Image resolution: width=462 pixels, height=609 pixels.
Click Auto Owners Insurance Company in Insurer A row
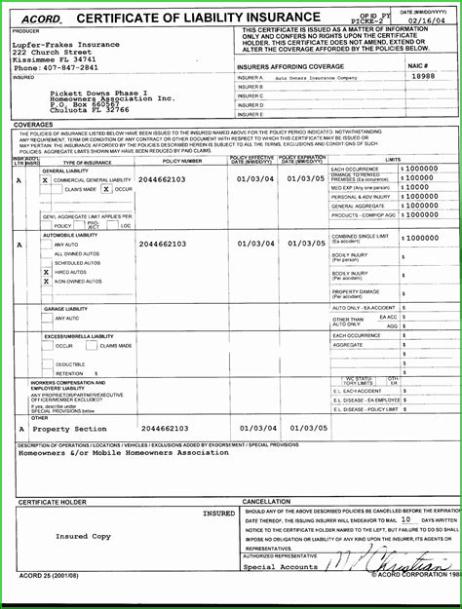point(315,77)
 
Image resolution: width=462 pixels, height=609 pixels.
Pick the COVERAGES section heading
point(33,125)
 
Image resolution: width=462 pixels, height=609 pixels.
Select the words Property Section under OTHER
point(70,429)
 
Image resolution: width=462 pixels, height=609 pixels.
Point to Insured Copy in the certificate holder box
point(83,537)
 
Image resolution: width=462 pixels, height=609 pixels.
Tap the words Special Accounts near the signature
point(280,566)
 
